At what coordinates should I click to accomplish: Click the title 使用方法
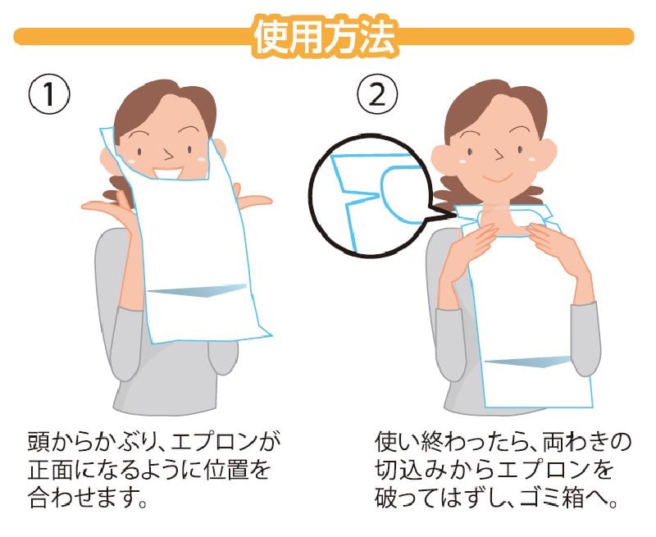tap(325, 37)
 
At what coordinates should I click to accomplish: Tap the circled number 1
tap(49, 94)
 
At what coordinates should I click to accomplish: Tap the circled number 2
tap(377, 94)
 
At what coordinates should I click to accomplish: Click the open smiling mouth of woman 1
tap(167, 173)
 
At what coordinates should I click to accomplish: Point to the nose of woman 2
tap(499, 154)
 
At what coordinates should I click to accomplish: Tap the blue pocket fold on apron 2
tap(528, 362)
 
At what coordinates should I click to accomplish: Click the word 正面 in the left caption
tap(54, 470)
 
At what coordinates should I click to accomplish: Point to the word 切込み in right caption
tap(415, 470)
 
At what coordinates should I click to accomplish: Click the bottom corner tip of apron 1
tap(271, 335)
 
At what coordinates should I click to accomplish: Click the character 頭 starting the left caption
tap(39, 442)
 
